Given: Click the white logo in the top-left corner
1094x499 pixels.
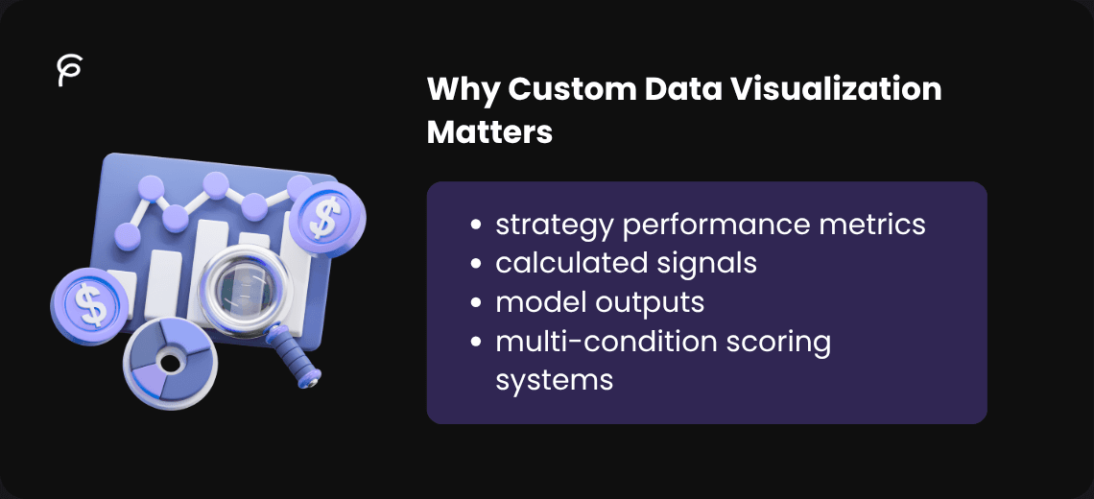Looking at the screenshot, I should [x=69, y=71].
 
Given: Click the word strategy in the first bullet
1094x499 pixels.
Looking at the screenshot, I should [x=555, y=225].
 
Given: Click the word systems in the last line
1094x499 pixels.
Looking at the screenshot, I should [x=554, y=379].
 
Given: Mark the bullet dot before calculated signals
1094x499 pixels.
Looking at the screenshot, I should [x=476, y=264].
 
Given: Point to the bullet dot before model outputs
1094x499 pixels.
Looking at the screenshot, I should [x=476, y=302].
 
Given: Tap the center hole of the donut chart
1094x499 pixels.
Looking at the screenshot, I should [x=171, y=363].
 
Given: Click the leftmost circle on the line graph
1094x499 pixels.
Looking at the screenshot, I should [x=126, y=233].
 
